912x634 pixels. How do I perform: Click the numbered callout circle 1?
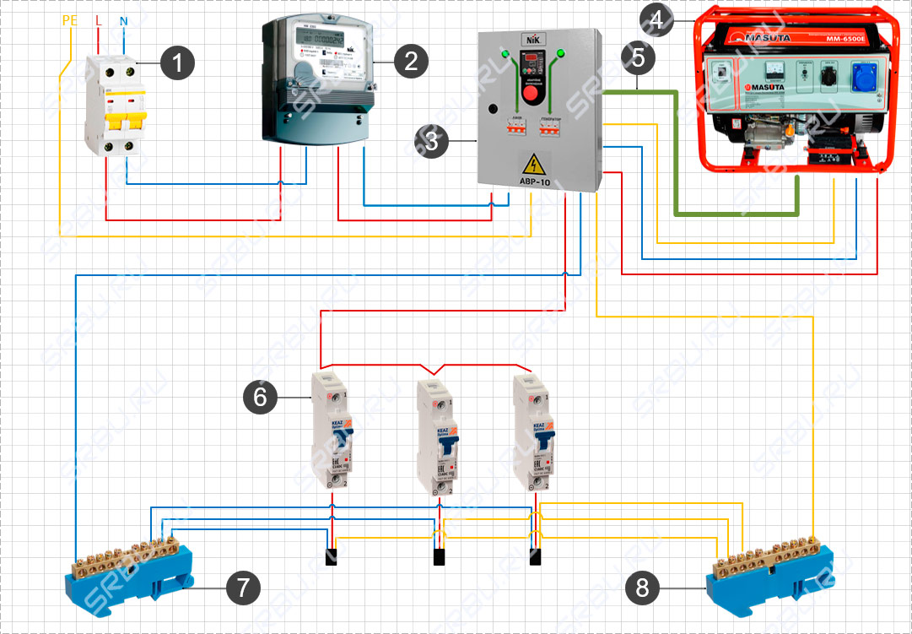[x=178, y=62]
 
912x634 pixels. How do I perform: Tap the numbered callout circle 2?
[x=411, y=61]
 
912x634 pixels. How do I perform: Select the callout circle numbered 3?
[x=432, y=141]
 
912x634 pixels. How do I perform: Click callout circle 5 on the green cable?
[x=638, y=57]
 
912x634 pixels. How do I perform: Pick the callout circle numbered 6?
[x=260, y=397]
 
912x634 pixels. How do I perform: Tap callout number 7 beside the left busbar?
[x=243, y=587]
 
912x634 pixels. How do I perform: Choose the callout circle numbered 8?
[x=643, y=588]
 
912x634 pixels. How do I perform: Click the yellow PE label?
[x=70, y=19]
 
